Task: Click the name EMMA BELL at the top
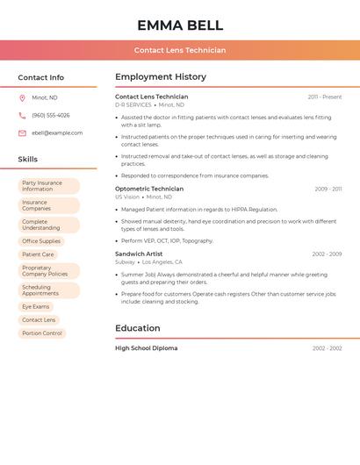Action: pos(180,25)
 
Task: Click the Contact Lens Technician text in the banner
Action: pos(180,50)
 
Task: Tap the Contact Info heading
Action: pos(41,77)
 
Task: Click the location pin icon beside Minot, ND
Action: pos(22,98)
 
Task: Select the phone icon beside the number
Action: pos(22,116)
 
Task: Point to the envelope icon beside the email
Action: pos(22,133)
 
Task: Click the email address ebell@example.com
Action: pos(57,133)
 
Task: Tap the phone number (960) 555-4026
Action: pos(51,116)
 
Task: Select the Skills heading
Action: pos(28,160)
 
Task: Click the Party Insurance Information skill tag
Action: pos(49,186)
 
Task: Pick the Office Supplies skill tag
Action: pos(41,241)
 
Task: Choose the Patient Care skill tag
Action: pos(38,254)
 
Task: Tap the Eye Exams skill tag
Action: pos(36,307)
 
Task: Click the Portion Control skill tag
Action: pos(42,333)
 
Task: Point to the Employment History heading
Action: pos(161,77)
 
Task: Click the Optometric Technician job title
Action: pos(149,189)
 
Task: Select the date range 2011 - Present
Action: pos(325,97)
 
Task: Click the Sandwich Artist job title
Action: pos(139,254)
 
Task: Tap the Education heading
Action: pos(138,328)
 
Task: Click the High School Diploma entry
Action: pos(146,348)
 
